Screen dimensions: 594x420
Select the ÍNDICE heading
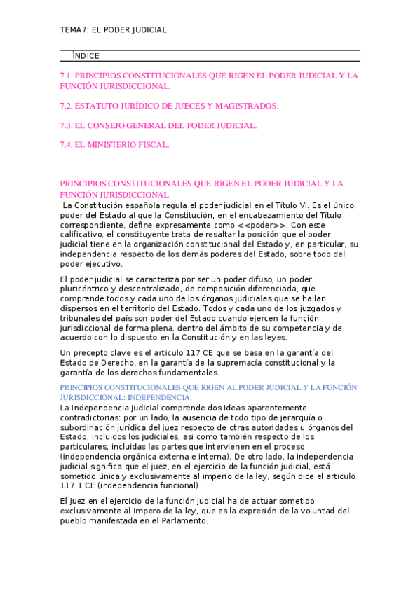(x=86, y=56)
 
